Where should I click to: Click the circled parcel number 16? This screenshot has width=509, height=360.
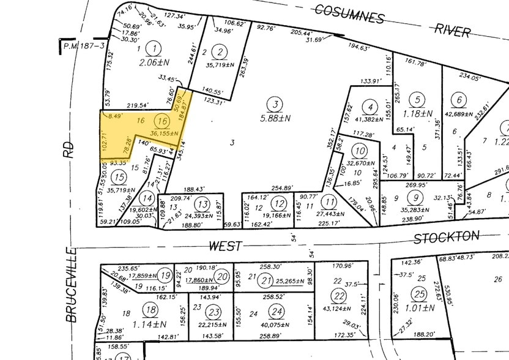pyautogui.click(x=162, y=121)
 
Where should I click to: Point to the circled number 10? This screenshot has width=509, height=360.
pyautogui.click(x=360, y=151)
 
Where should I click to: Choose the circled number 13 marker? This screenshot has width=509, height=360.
pyautogui.click(x=203, y=204)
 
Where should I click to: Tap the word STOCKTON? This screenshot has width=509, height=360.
pyautogui.click(x=445, y=238)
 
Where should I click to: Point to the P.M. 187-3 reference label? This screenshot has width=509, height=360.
pyautogui.click(x=82, y=45)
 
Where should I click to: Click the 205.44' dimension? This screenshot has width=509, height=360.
pyautogui.click(x=302, y=33)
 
